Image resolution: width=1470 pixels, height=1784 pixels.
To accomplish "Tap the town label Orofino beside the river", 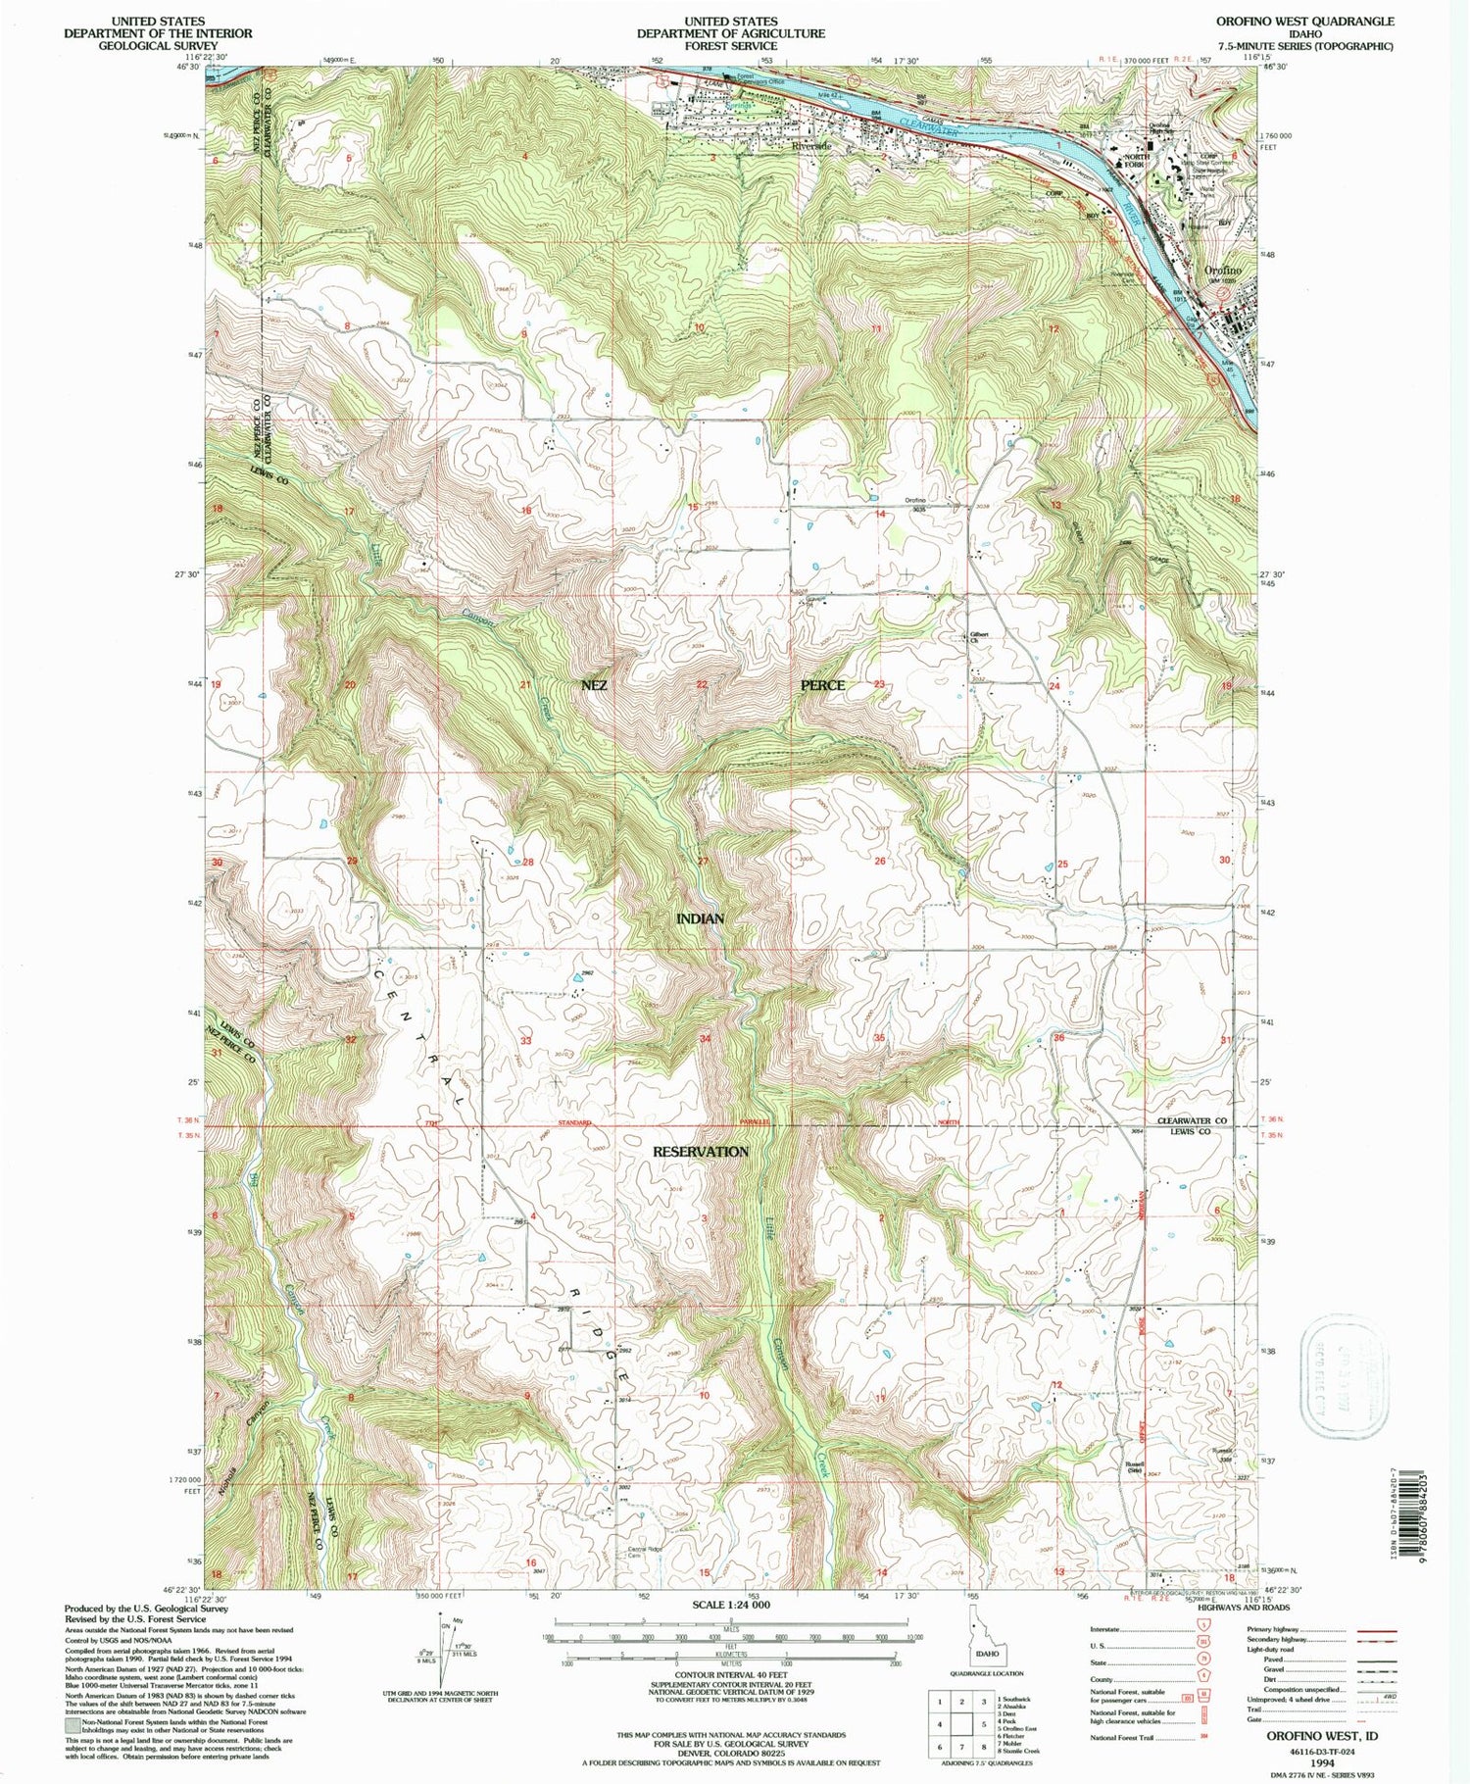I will tap(1222, 270).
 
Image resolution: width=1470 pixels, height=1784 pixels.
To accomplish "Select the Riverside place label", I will tap(810, 145).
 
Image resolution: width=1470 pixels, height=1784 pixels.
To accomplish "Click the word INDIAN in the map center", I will tap(701, 918).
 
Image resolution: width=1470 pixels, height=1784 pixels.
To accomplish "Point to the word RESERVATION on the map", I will tap(701, 1151).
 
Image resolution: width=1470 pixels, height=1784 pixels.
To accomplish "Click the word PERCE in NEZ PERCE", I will tap(822, 684).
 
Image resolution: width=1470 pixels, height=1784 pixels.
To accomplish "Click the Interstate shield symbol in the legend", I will tap(1202, 1629).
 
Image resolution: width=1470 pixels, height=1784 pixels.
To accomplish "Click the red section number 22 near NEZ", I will tap(702, 684).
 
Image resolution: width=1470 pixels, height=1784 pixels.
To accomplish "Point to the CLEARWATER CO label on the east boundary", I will tap(1192, 1120).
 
